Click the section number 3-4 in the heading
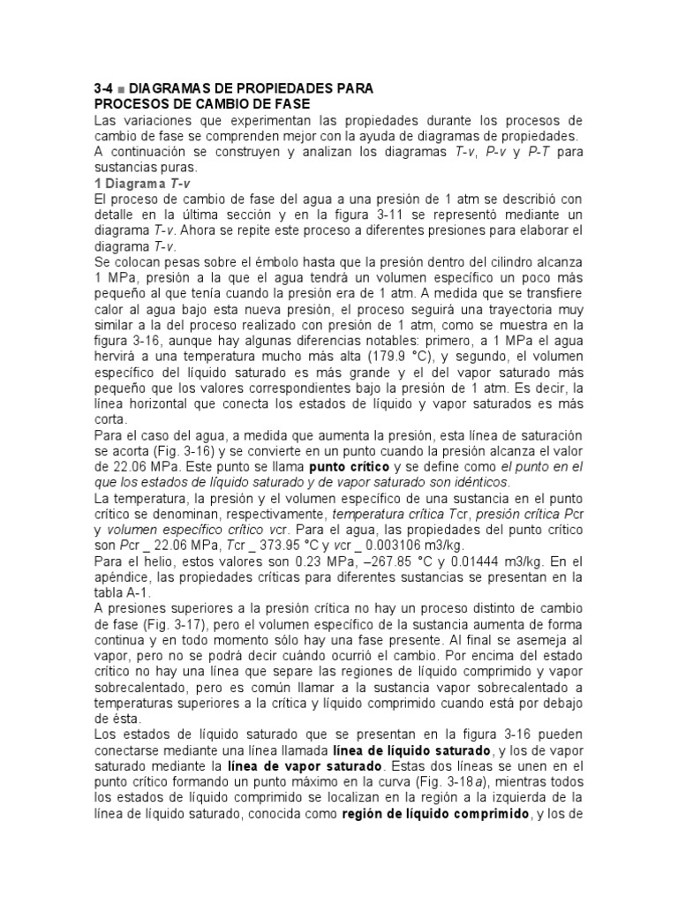click(x=104, y=89)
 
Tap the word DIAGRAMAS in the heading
click(x=169, y=89)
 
